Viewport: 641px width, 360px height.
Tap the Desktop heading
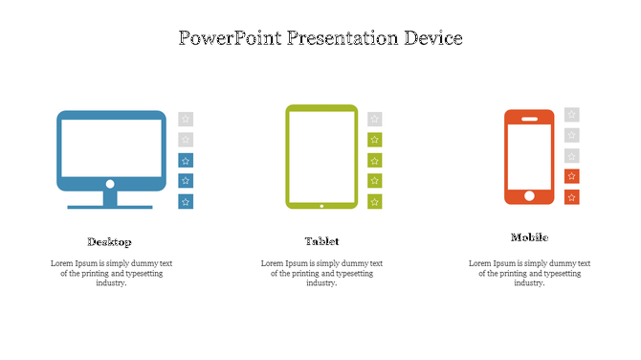[x=109, y=241]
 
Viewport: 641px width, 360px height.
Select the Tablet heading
[x=321, y=241]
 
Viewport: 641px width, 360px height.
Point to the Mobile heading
[x=529, y=237]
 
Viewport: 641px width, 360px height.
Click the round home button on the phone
[x=529, y=196]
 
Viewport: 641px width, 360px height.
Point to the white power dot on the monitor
[x=110, y=183]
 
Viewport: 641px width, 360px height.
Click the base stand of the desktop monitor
[x=110, y=205]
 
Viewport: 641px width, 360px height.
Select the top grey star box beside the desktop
[x=186, y=119]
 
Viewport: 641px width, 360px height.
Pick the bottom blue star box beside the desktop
[x=186, y=201]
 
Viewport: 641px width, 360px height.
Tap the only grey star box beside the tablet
[x=375, y=119]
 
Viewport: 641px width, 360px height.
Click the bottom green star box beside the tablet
[x=375, y=201]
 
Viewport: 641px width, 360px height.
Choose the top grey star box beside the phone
[x=571, y=114]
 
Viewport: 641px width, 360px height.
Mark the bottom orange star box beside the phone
[x=571, y=197]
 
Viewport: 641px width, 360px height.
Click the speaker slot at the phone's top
[x=529, y=118]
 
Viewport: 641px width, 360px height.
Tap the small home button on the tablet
[x=321, y=204]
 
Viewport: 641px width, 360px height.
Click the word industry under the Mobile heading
[x=529, y=283]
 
